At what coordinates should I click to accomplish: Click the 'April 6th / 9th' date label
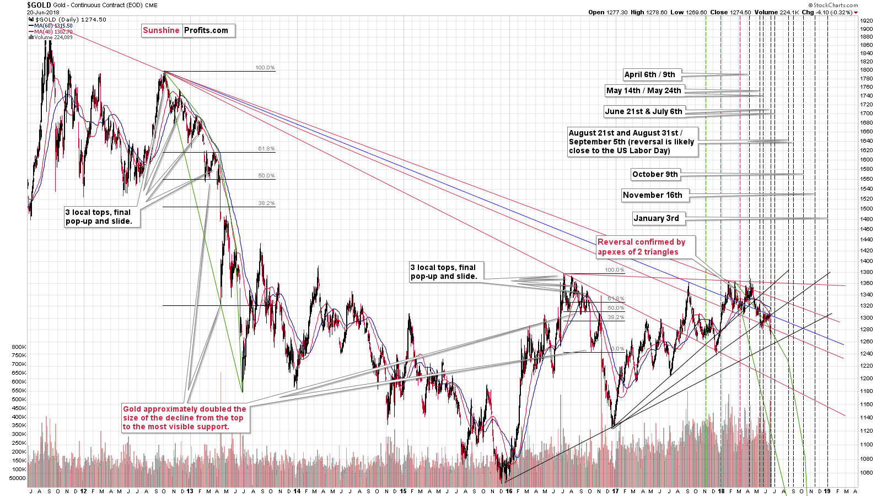tap(650, 74)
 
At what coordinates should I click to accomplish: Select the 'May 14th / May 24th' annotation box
tap(644, 90)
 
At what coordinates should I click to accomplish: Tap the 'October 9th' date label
tap(655, 174)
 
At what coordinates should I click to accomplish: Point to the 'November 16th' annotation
tap(652, 195)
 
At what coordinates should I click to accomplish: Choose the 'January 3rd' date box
tap(656, 218)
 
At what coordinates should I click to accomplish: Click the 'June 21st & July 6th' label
tap(643, 111)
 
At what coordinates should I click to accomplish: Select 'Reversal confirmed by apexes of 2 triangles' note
tap(642, 247)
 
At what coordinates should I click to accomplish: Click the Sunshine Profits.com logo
tap(185, 30)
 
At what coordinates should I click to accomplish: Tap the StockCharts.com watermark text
tap(833, 5)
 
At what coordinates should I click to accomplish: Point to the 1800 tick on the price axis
tap(866, 70)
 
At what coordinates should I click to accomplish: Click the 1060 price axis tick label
tap(866, 473)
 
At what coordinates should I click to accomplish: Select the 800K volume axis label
tap(19, 347)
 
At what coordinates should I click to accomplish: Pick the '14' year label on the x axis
tap(297, 491)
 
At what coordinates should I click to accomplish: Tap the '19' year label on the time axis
tap(827, 491)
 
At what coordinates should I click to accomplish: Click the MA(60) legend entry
tap(53, 26)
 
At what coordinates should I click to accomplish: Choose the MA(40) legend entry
tap(53, 32)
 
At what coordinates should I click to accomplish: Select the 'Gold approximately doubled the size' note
tap(184, 418)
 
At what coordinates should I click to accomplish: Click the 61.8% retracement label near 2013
tap(266, 149)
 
